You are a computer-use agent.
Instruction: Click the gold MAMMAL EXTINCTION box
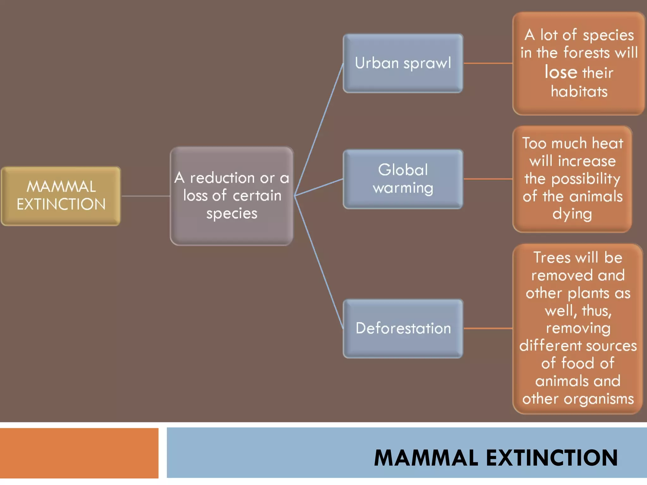(x=61, y=196)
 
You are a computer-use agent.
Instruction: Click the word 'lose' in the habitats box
(x=561, y=72)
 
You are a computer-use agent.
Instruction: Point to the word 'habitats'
(x=579, y=92)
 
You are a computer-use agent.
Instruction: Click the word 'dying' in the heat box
(x=572, y=214)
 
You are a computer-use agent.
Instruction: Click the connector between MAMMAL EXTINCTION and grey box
(x=145, y=196)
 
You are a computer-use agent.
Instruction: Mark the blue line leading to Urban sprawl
(x=319, y=129)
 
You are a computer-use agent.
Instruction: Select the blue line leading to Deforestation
(x=319, y=262)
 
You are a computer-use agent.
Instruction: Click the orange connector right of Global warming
(x=487, y=179)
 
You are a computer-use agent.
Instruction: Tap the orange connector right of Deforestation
(x=487, y=328)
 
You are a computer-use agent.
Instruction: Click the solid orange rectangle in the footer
(x=79, y=453)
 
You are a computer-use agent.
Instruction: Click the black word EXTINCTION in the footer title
(x=552, y=458)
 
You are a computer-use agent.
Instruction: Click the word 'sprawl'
(x=427, y=63)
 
